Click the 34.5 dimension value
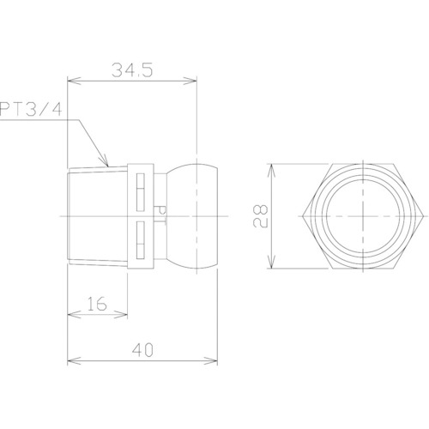coord(132,70)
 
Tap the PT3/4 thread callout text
coord(31,109)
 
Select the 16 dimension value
coord(97,304)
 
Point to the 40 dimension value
coord(142,350)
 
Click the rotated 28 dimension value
coord(260,215)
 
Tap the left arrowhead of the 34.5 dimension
coord(75,81)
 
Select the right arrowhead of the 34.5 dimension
coord(190,81)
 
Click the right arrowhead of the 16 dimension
coord(120,315)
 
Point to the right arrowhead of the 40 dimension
coord(210,360)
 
